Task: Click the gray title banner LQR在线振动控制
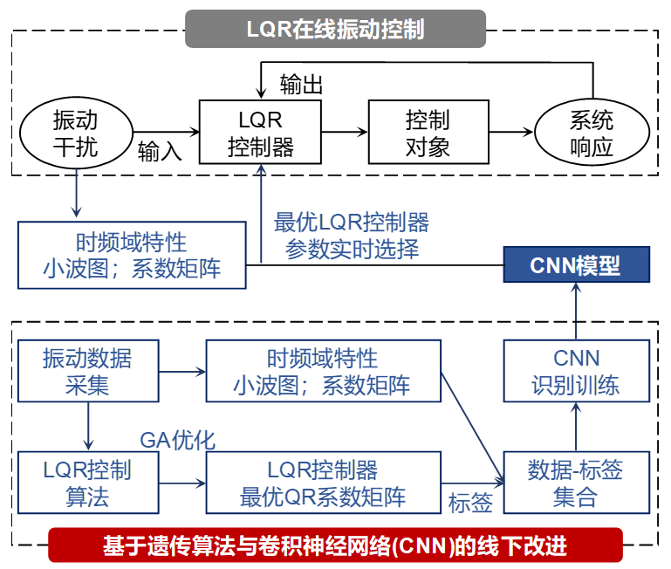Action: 336,29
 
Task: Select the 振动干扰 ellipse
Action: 76,134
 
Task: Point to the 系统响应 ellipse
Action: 592,134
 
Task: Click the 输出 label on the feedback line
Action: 302,85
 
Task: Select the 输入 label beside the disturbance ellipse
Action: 160,152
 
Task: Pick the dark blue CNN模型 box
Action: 576,265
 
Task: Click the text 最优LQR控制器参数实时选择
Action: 352,236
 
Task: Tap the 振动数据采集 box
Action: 87,371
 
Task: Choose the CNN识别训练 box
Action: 576,371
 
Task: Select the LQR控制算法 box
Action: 87,483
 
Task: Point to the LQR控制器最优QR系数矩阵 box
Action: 323,483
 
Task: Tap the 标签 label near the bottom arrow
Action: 470,503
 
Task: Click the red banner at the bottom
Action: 336,545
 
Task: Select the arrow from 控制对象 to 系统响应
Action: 510,133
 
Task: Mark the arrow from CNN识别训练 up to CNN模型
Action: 576,312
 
